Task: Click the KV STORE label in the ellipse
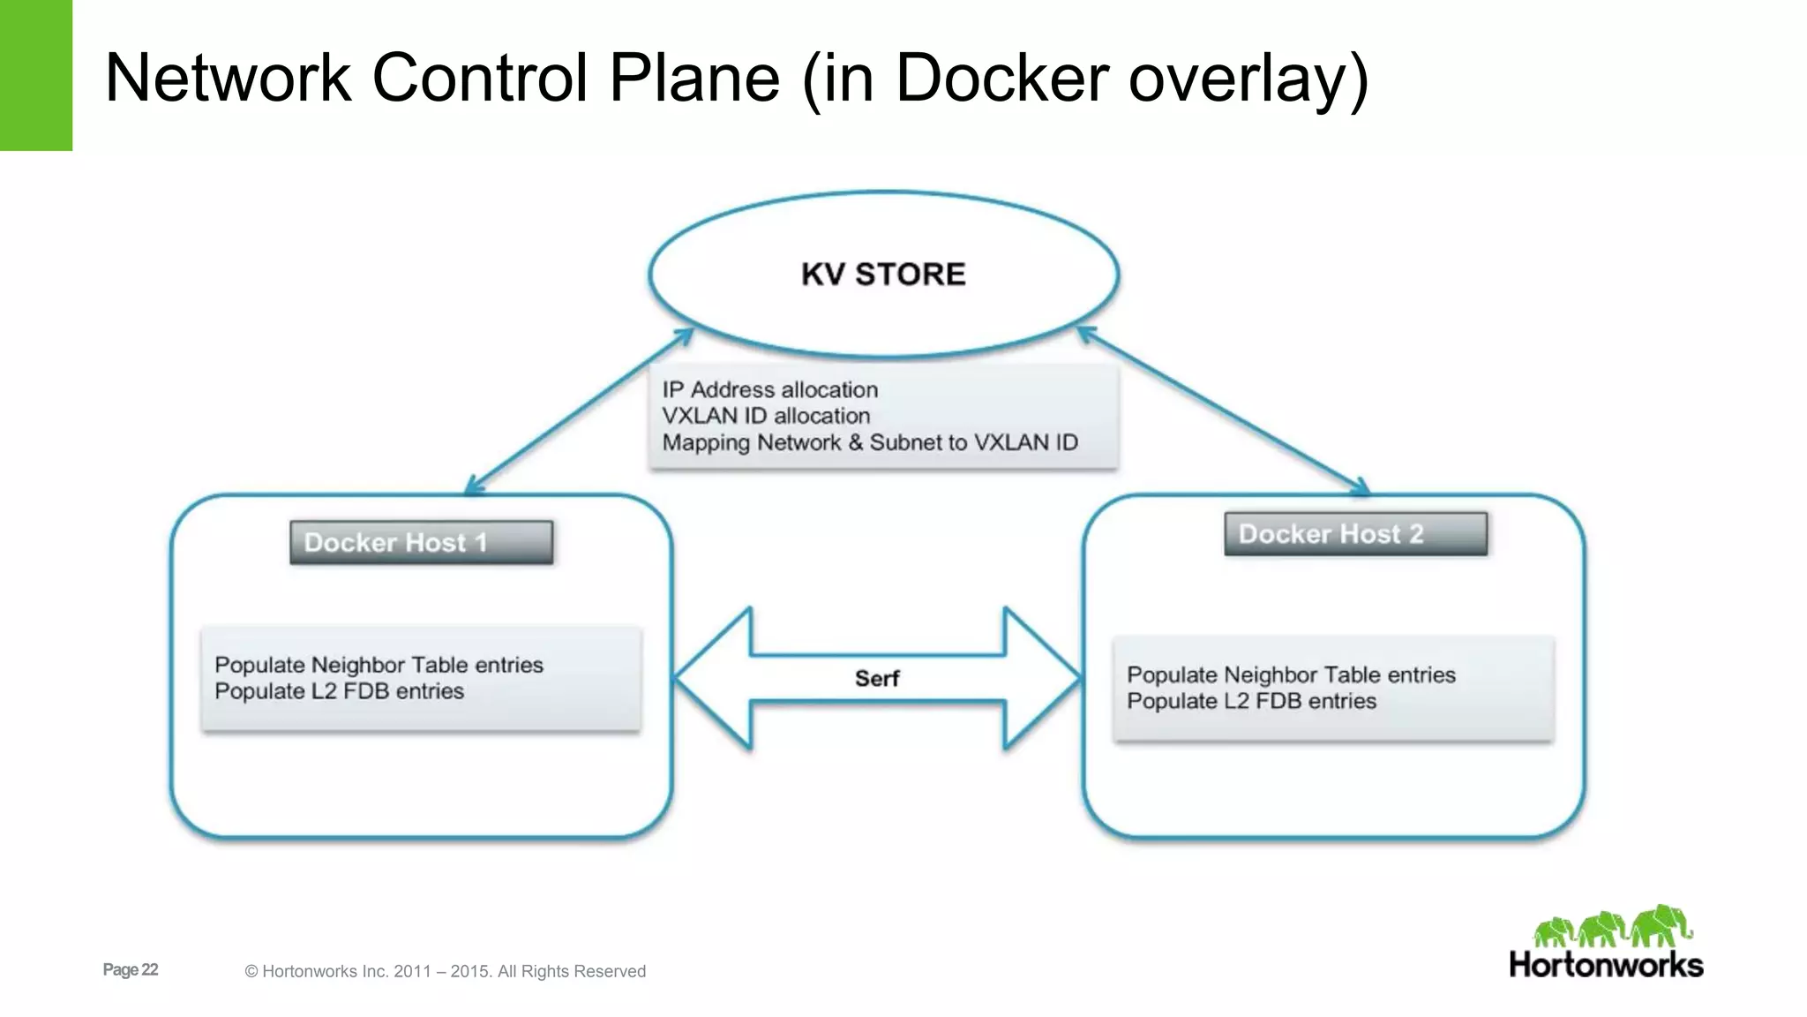pos(883,275)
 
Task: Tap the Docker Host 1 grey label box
pos(421,542)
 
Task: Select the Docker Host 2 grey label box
pos(1355,534)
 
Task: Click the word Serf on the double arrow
pos(876,678)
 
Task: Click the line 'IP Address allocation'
pos(769,389)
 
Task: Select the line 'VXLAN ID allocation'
pos(765,416)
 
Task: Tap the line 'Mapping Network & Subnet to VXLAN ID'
pos(869,442)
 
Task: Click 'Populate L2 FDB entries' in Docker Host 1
pos(339,691)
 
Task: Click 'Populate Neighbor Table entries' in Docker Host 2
pos(1290,674)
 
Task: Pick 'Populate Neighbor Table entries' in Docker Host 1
pos(379,665)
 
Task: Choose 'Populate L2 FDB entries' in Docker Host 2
pos(1251,701)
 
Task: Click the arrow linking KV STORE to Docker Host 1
pos(578,411)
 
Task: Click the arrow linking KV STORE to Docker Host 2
pos(1223,411)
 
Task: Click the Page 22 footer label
pos(131,969)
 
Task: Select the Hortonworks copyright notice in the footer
pos(445,971)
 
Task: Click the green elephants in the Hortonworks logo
pos(1613,927)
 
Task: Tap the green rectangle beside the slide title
pos(35,75)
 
